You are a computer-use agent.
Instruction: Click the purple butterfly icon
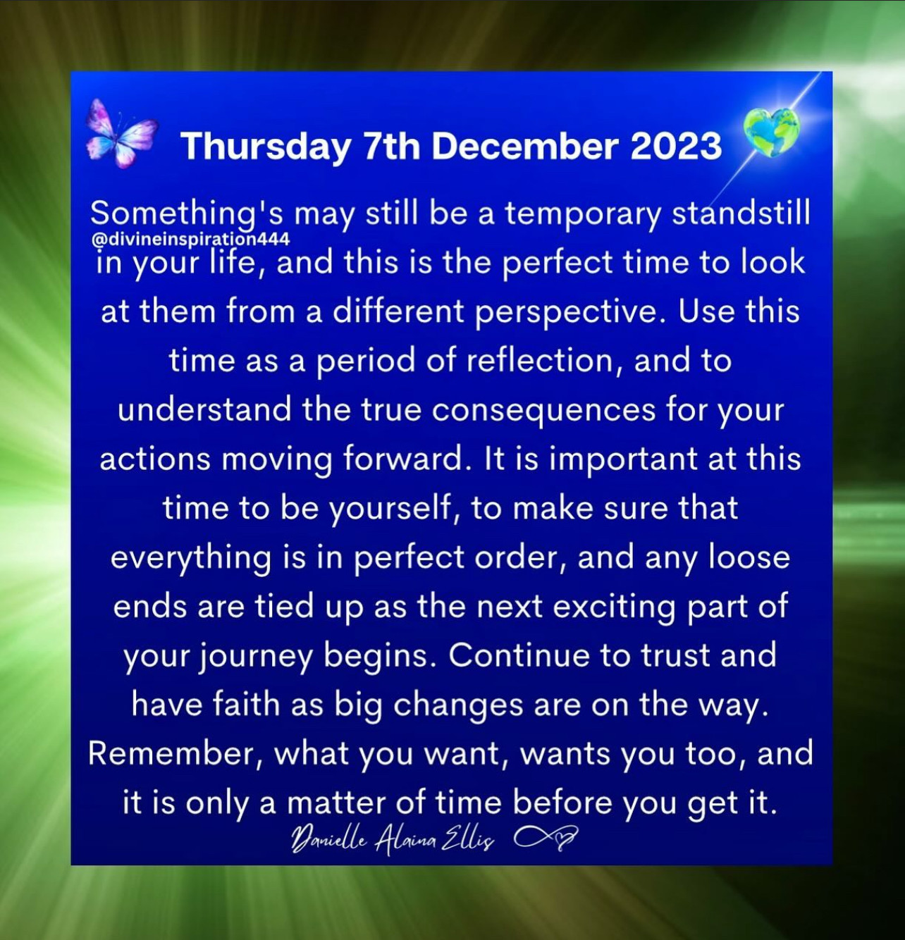coord(122,133)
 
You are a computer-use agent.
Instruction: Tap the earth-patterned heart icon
coord(771,132)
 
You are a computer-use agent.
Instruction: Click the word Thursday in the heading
coord(266,147)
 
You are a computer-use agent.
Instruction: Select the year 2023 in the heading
coord(676,146)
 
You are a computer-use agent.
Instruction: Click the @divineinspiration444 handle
coord(190,239)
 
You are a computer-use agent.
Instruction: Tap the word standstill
coord(741,213)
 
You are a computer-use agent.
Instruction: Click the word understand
coord(205,409)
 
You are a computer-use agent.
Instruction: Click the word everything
coord(190,559)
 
